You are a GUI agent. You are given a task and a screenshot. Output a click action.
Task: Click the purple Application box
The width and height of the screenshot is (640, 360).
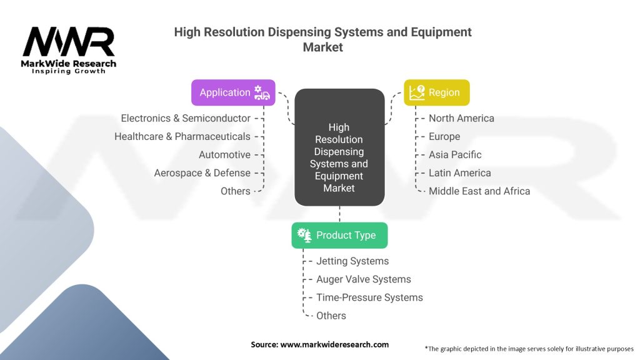pos(233,92)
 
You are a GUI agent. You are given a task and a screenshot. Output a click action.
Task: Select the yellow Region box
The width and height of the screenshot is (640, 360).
pos(437,92)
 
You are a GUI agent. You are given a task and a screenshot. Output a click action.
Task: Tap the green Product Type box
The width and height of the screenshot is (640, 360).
pos(339,235)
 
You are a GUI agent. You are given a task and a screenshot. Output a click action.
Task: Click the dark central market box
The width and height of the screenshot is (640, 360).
pos(339,147)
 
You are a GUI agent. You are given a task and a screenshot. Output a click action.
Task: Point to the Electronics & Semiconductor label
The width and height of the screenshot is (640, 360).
pos(186,118)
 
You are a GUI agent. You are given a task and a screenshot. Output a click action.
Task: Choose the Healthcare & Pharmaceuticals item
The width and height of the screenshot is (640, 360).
pos(182,136)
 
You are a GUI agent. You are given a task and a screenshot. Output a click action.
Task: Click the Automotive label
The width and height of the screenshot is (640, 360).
pos(224,155)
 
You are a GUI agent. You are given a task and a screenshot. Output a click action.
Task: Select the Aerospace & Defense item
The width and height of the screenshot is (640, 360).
pos(202,172)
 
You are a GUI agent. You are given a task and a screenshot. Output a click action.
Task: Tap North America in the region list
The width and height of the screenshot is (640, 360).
pos(461,118)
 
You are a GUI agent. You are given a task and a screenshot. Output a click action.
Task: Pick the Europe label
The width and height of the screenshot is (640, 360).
pos(444,137)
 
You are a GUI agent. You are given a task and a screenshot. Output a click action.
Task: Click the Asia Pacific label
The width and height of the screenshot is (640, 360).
pos(455,155)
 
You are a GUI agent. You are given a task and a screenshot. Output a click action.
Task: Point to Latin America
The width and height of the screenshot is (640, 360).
pos(459,172)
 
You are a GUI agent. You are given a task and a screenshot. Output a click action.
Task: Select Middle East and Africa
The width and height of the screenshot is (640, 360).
pos(479,191)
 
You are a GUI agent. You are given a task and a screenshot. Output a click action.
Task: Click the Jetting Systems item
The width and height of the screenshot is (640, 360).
pos(352,261)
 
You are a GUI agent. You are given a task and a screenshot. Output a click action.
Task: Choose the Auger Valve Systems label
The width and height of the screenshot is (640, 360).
pos(364,279)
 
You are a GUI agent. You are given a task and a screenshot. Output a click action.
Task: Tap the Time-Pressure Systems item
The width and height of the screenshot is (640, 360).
pos(369,297)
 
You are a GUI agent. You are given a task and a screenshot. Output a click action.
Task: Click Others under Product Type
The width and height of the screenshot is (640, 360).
pos(331,316)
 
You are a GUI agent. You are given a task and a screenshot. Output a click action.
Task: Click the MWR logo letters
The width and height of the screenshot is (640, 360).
pos(69,42)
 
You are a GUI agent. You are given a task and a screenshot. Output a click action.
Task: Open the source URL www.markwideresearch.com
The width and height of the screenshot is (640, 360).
pos(334,344)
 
